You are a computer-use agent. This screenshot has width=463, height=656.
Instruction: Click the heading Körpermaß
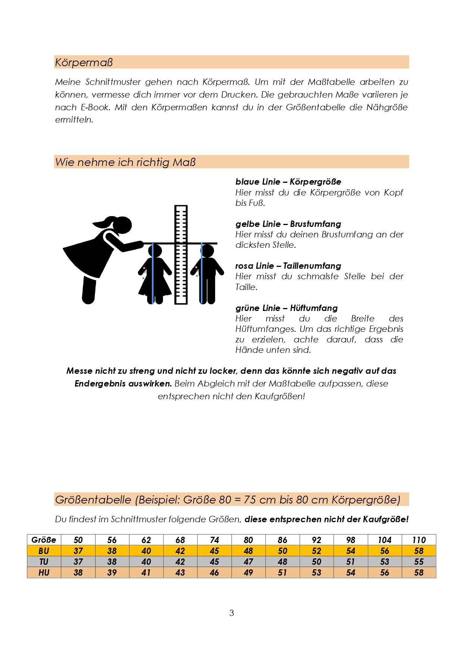[x=84, y=62]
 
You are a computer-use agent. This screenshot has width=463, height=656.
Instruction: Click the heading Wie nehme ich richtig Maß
[x=125, y=162]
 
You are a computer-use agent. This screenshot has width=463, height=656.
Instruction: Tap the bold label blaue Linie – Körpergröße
[x=288, y=182]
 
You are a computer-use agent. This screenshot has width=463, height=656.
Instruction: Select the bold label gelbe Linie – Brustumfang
[x=288, y=224]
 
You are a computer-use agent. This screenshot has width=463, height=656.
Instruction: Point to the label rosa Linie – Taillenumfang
[x=288, y=266]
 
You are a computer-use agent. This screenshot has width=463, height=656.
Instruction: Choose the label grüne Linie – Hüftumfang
[x=286, y=308]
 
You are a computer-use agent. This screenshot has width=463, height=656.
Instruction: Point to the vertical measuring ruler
[x=181, y=254]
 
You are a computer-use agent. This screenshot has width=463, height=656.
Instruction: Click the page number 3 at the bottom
[x=232, y=613]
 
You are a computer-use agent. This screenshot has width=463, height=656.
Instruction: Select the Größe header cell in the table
[x=44, y=540]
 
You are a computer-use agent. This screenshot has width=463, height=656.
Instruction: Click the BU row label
[x=44, y=551]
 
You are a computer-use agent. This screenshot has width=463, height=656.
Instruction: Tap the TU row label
[x=44, y=562]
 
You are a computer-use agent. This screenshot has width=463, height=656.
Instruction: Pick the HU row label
[x=44, y=573]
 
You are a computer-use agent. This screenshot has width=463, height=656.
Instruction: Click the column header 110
[x=419, y=540]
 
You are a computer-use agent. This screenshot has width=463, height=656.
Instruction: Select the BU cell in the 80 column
[x=248, y=551]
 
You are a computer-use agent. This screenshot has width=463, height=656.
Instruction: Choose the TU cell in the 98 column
[x=351, y=562]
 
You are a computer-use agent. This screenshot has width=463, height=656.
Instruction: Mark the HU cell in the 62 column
[x=146, y=573]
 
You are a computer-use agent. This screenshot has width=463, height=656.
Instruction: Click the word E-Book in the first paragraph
[x=95, y=107]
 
